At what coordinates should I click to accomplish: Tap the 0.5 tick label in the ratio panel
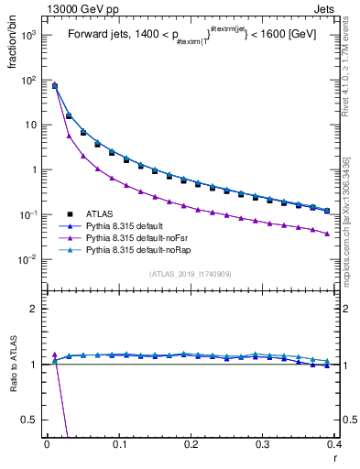pyautogui.click(x=30, y=420)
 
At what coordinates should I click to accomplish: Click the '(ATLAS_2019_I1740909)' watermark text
pyautogui.click(x=191, y=274)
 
